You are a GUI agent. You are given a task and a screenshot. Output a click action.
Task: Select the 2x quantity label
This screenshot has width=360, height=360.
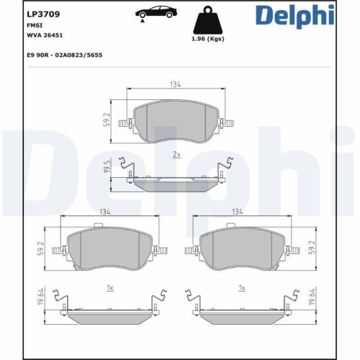[177, 155]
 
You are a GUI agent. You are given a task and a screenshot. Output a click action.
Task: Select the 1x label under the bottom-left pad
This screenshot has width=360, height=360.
[110, 287]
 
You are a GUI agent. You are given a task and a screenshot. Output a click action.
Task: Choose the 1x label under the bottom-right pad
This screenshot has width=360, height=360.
[243, 287]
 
